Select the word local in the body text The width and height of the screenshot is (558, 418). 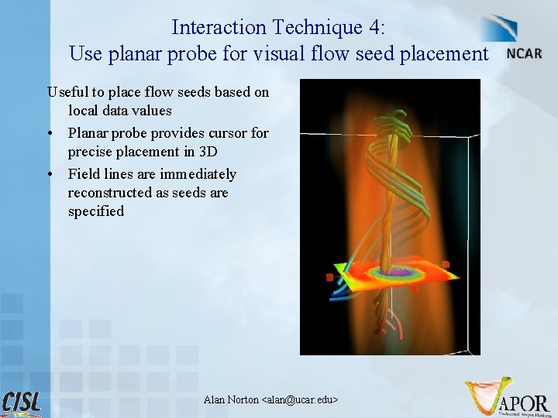coord(84,111)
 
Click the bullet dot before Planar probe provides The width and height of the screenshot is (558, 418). coord(50,133)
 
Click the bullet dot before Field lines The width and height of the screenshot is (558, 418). coord(50,174)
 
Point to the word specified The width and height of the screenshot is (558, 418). coord(95,211)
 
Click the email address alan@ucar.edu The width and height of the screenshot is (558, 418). coord(301,399)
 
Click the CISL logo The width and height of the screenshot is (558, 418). coord(22,403)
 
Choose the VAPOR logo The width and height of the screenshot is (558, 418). coord(508,396)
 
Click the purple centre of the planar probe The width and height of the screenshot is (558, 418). coord(401,272)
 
